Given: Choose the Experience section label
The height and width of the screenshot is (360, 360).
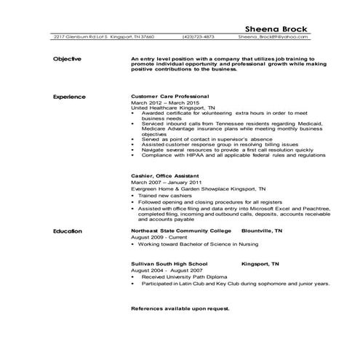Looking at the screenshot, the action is tap(70, 97).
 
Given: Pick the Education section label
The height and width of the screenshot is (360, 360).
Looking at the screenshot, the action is tap(68, 231).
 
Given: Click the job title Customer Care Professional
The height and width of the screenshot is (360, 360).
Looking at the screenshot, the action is tap(169, 96).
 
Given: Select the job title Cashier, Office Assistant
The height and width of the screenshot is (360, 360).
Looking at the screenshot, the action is tap(164, 176).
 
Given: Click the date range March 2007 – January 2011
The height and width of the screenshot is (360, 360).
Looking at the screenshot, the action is tap(161, 183).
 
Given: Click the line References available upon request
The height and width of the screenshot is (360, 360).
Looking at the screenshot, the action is tap(180, 309).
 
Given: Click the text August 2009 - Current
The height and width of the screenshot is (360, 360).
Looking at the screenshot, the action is tap(153, 237).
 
